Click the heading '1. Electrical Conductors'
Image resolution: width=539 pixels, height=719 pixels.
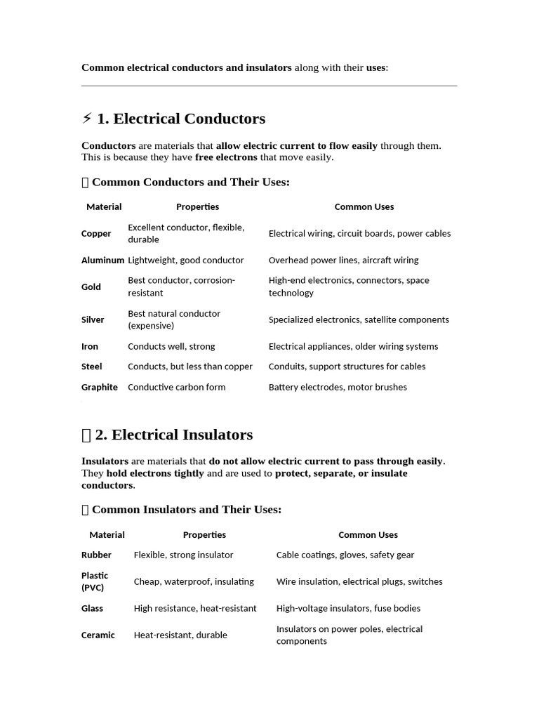point(180,119)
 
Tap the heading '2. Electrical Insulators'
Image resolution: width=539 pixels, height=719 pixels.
point(173,435)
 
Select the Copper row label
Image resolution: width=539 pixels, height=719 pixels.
point(96,234)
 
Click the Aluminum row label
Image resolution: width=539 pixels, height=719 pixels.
point(102,260)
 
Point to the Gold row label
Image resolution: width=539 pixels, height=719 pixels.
point(91,286)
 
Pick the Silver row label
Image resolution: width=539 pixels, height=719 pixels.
point(93,319)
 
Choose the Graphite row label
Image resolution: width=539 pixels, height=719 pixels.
point(100,388)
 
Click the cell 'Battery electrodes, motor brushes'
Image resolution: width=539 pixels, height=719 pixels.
point(338,388)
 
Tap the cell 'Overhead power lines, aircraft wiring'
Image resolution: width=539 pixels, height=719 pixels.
point(343,260)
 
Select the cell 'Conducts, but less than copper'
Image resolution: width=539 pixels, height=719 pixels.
point(189,367)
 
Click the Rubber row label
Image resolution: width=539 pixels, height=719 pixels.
point(96,555)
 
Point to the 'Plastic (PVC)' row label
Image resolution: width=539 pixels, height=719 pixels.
point(95,581)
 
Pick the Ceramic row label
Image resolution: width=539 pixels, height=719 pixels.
point(98,635)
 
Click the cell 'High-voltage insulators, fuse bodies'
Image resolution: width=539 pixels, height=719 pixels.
point(348,608)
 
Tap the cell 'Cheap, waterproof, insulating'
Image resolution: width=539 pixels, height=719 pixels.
point(194,581)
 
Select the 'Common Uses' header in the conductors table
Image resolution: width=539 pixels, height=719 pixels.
point(364,207)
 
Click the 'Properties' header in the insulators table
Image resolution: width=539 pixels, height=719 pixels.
point(204,535)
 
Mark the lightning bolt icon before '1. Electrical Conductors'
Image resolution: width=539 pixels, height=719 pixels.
point(87,119)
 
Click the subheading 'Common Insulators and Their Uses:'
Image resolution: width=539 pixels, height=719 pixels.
point(186,510)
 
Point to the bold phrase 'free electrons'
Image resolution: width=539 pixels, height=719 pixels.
point(226,157)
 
